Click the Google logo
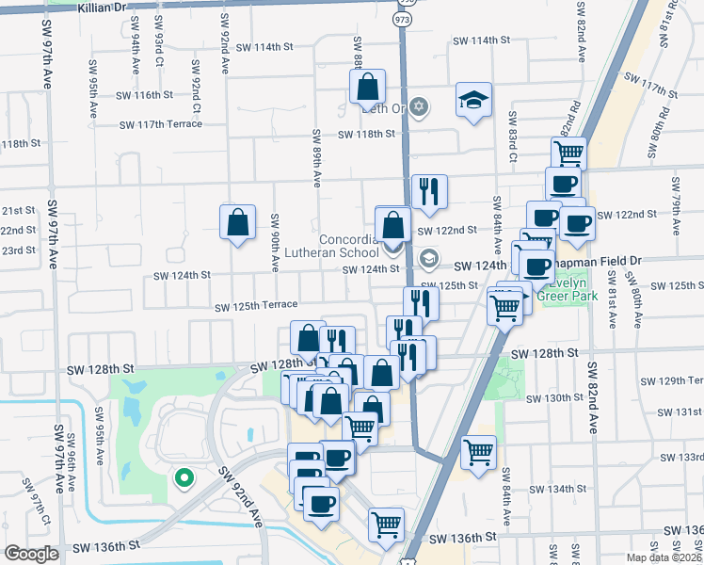click(31, 554)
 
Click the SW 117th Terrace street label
click(161, 124)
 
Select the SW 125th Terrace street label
click(256, 306)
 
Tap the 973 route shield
click(403, 19)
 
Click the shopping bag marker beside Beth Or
click(367, 87)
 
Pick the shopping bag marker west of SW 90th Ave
click(238, 223)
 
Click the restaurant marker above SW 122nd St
click(428, 191)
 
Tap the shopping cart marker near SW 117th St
click(568, 153)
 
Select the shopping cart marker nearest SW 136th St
click(386, 524)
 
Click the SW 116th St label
click(145, 95)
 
